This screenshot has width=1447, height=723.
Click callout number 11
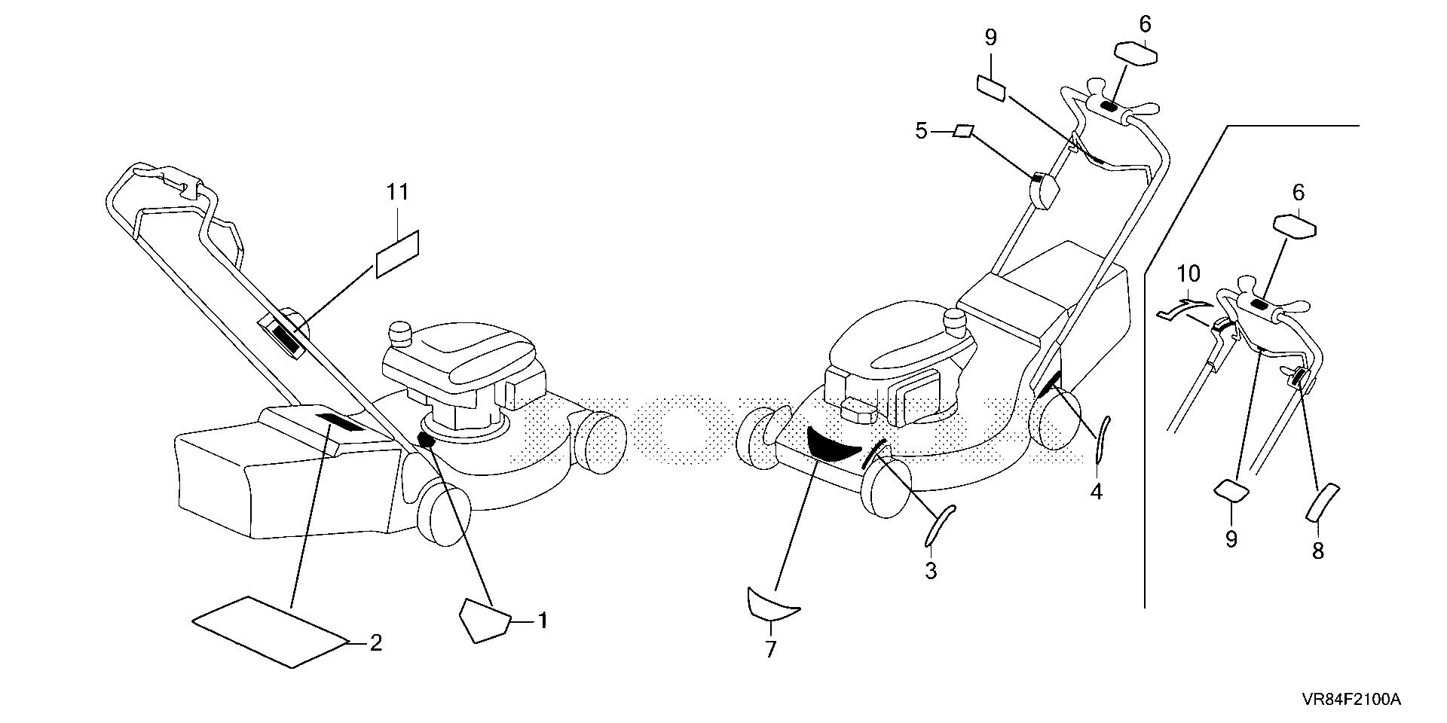coord(398,193)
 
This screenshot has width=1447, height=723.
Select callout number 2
coord(375,643)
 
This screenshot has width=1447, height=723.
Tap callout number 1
coord(541,621)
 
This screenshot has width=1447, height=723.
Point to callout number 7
coord(770,648)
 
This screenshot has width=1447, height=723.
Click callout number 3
coord(931,570)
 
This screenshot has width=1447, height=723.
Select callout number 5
coord(921,131)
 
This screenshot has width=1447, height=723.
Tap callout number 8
coord(1317,551)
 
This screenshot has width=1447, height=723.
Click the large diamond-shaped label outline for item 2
coord(271,631)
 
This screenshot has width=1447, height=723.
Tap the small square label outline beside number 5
coord(962,132)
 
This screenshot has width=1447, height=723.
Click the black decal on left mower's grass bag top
coord(338,422)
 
